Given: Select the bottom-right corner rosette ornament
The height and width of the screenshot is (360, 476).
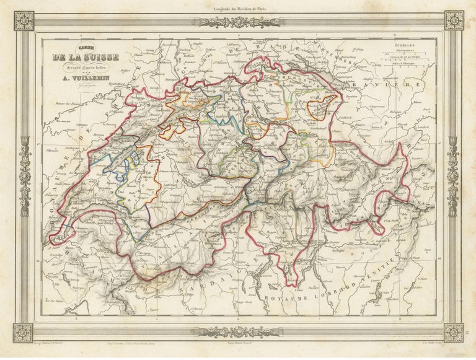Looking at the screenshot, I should point(453,333).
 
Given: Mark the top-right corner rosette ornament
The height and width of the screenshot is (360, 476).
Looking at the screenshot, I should point(453,20).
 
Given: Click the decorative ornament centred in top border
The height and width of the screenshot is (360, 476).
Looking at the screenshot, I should point(237,22).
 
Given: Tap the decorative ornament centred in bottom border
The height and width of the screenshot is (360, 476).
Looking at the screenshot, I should point(237,331).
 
